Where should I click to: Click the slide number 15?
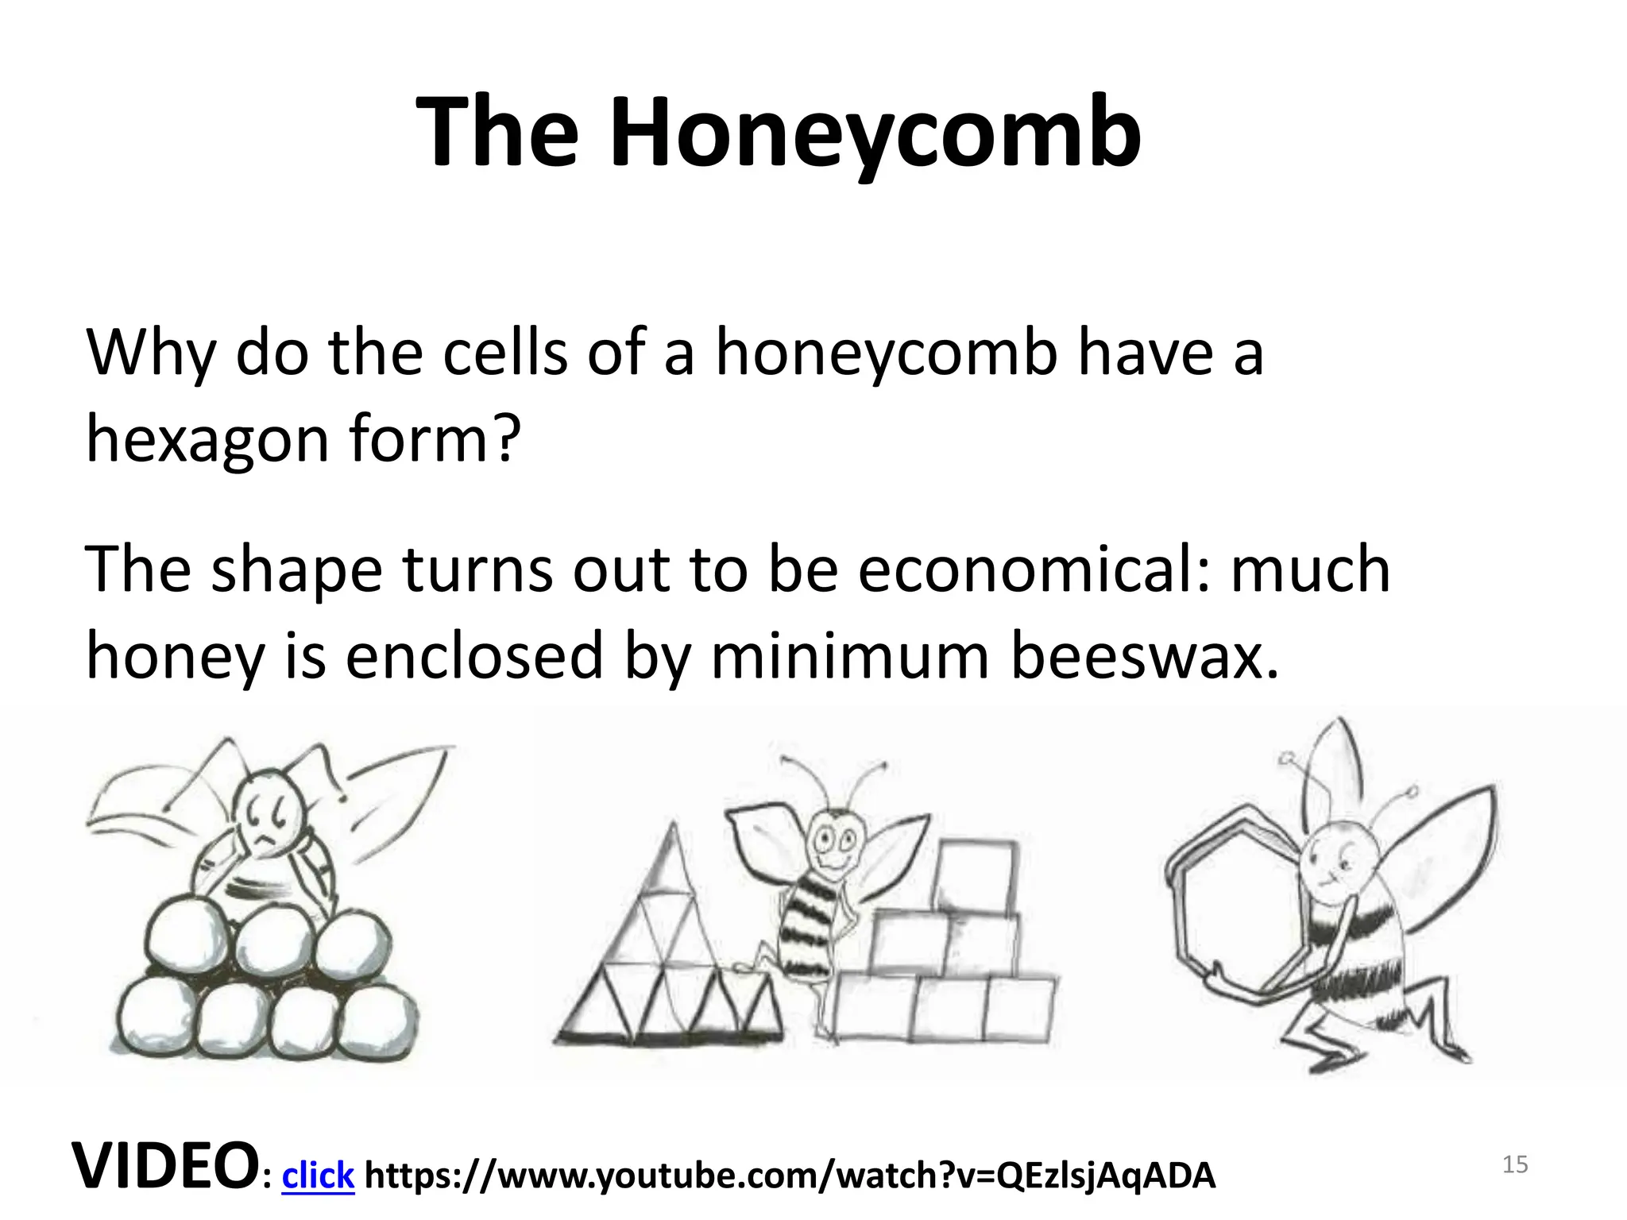pyautogui.click(x=1515, y=1165)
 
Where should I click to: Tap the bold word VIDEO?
pyautogui.click(x=165, y=1166)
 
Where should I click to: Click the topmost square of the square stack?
pyautogui.click(x=976, y=874)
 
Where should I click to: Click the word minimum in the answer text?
pyautogui.click(x=848, y=657)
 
